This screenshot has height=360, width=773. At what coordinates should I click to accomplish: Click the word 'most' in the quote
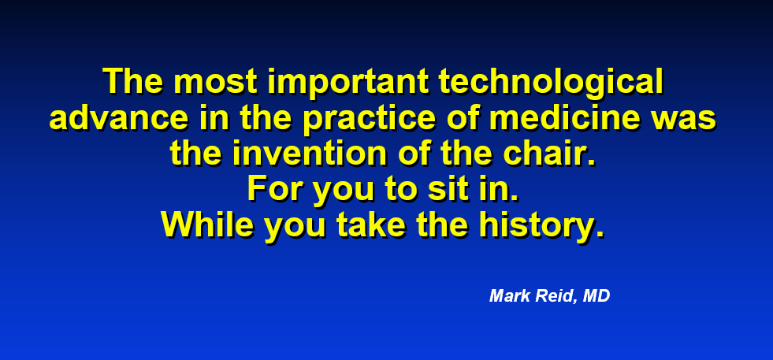(215, 81)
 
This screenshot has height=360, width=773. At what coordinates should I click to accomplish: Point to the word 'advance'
(119, 117)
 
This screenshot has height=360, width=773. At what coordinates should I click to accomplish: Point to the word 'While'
(207, 225)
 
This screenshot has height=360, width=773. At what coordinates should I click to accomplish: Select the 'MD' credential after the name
(596, 296)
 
